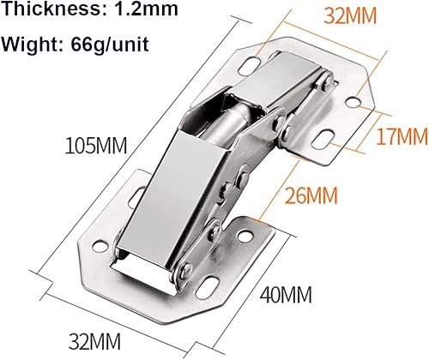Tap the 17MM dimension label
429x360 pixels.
click(402, 135)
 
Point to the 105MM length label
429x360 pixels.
click(96, 146)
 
